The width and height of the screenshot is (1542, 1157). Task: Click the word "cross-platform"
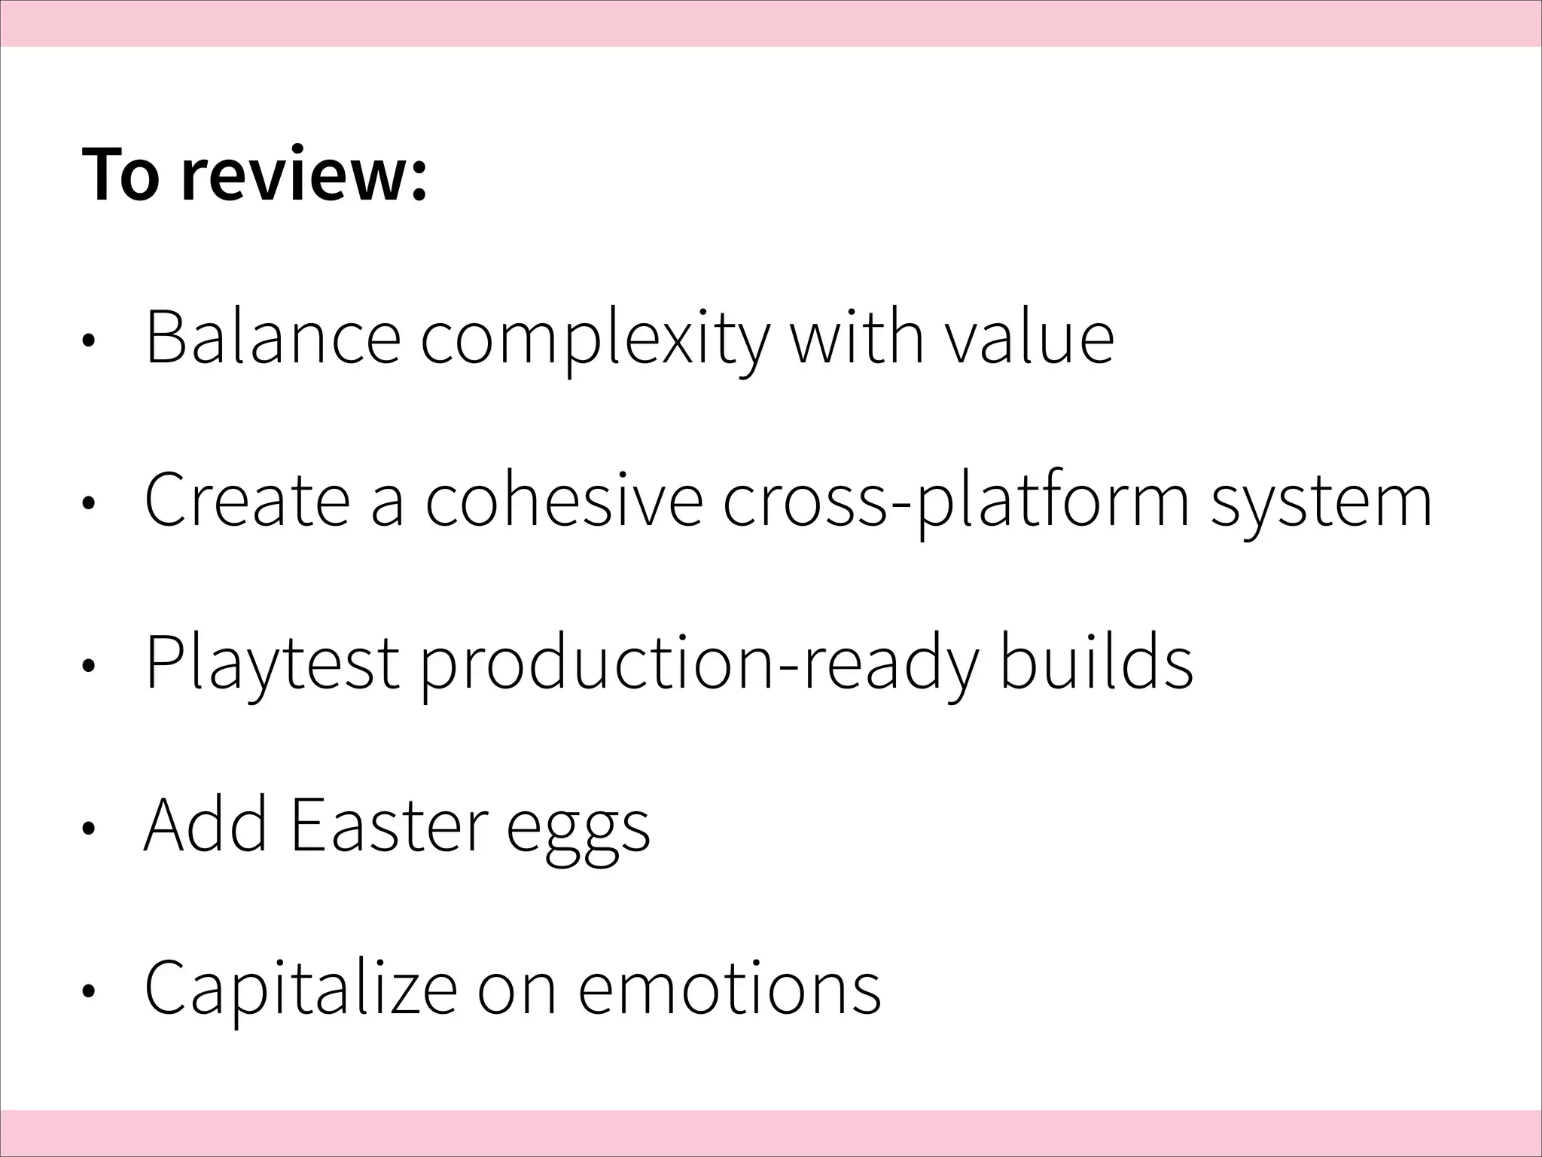956,501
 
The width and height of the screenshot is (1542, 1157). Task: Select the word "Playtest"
271,664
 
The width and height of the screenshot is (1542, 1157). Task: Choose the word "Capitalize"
300,989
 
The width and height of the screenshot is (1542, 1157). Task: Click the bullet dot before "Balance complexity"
89,340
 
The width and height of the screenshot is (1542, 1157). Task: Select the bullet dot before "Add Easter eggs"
89,829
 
